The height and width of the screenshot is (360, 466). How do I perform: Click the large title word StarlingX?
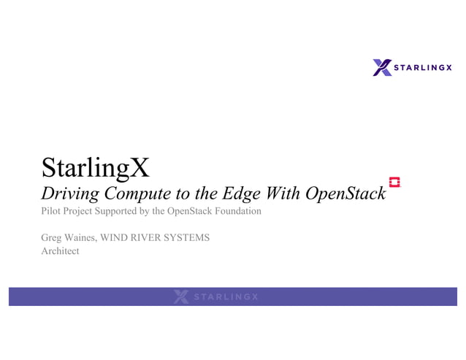[x=96, y=168]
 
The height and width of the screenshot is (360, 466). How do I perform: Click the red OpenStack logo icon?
[x=394, y=183]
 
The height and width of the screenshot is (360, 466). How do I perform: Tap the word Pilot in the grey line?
[x=52, y=212]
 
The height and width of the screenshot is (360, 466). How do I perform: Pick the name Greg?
[x=52, y=238]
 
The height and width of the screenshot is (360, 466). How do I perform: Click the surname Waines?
[x=81, y=238]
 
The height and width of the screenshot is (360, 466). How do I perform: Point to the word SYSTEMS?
[x=188, y=238]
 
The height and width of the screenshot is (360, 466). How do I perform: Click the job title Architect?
[x=60, y=251]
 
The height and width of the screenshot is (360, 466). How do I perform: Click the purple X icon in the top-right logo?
[x=382, y=67]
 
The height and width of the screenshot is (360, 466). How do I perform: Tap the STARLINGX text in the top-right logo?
[x=423, y=68]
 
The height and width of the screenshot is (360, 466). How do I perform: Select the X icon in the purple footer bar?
[x=181, y=296]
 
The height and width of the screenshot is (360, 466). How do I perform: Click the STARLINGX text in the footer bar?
[x=226, y=297]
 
